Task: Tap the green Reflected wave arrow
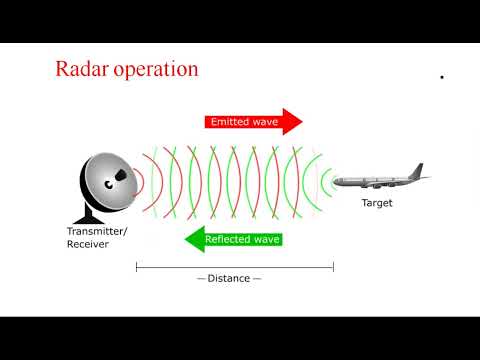[235, 240]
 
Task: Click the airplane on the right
[380, 180]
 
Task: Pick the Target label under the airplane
[377, 203]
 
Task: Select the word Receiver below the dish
[86, 245]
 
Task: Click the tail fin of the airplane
[420, 169]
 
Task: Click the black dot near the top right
[441, 77]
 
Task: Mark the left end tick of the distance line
[136, 267]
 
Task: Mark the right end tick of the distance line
[333, 267]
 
